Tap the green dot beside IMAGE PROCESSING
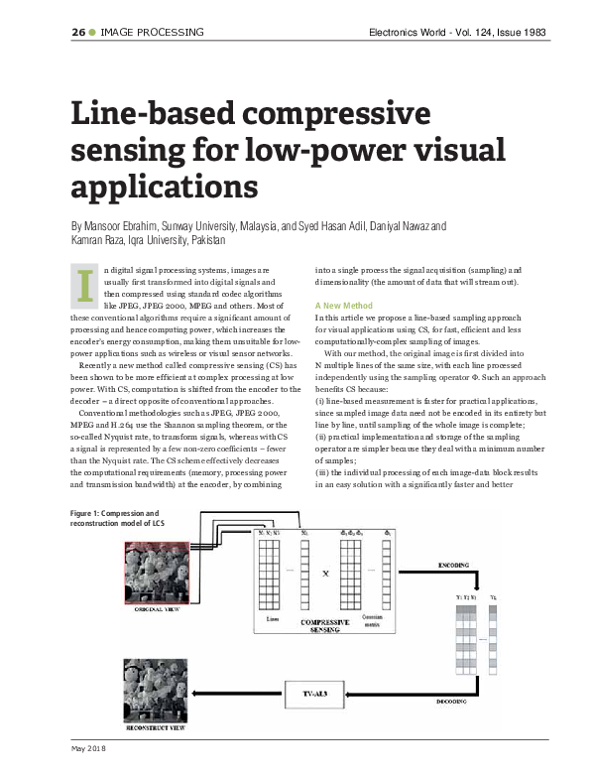pyautogui.click(x=93, y=32)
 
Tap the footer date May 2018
pyautogui.click(x=87, y=747)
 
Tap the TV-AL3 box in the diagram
pyautogui.click(x=314, y=689)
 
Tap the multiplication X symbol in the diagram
pyautogui.click(x=327, y=574)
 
